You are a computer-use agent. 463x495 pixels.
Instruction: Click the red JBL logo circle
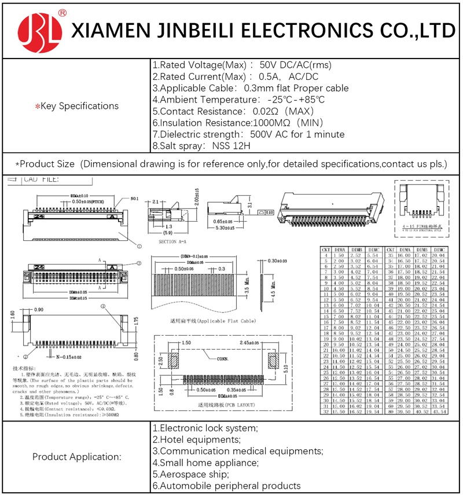coord(39,29)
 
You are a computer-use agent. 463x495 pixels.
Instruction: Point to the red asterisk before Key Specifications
coord(38,107)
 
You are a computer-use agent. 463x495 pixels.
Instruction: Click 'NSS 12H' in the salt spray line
coord(231,146)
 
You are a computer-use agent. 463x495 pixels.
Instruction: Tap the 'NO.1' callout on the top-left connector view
coord(134,199)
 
